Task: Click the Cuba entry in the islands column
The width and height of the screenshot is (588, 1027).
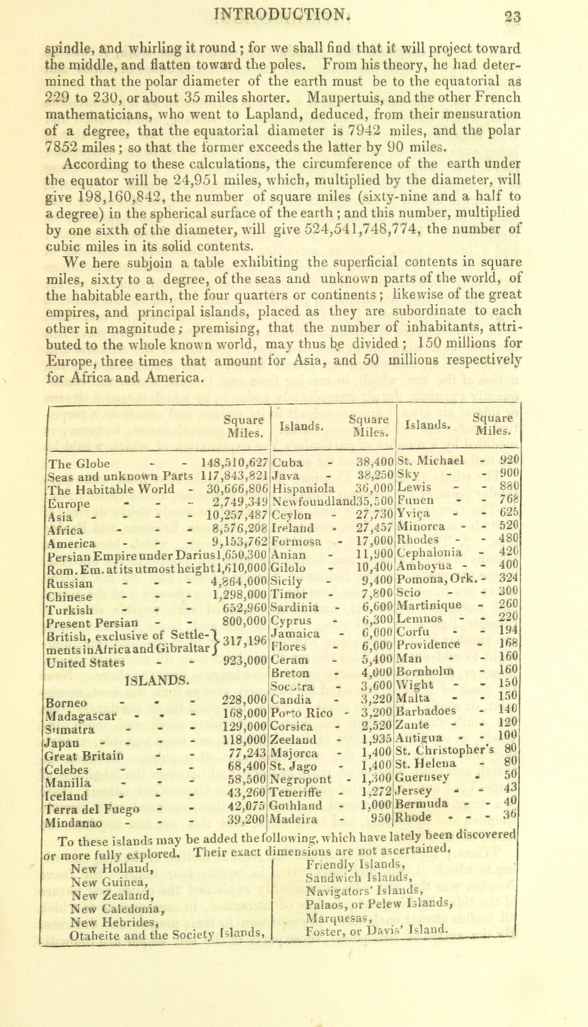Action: (287, 463)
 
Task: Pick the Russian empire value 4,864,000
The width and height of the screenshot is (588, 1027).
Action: (239, 582)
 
